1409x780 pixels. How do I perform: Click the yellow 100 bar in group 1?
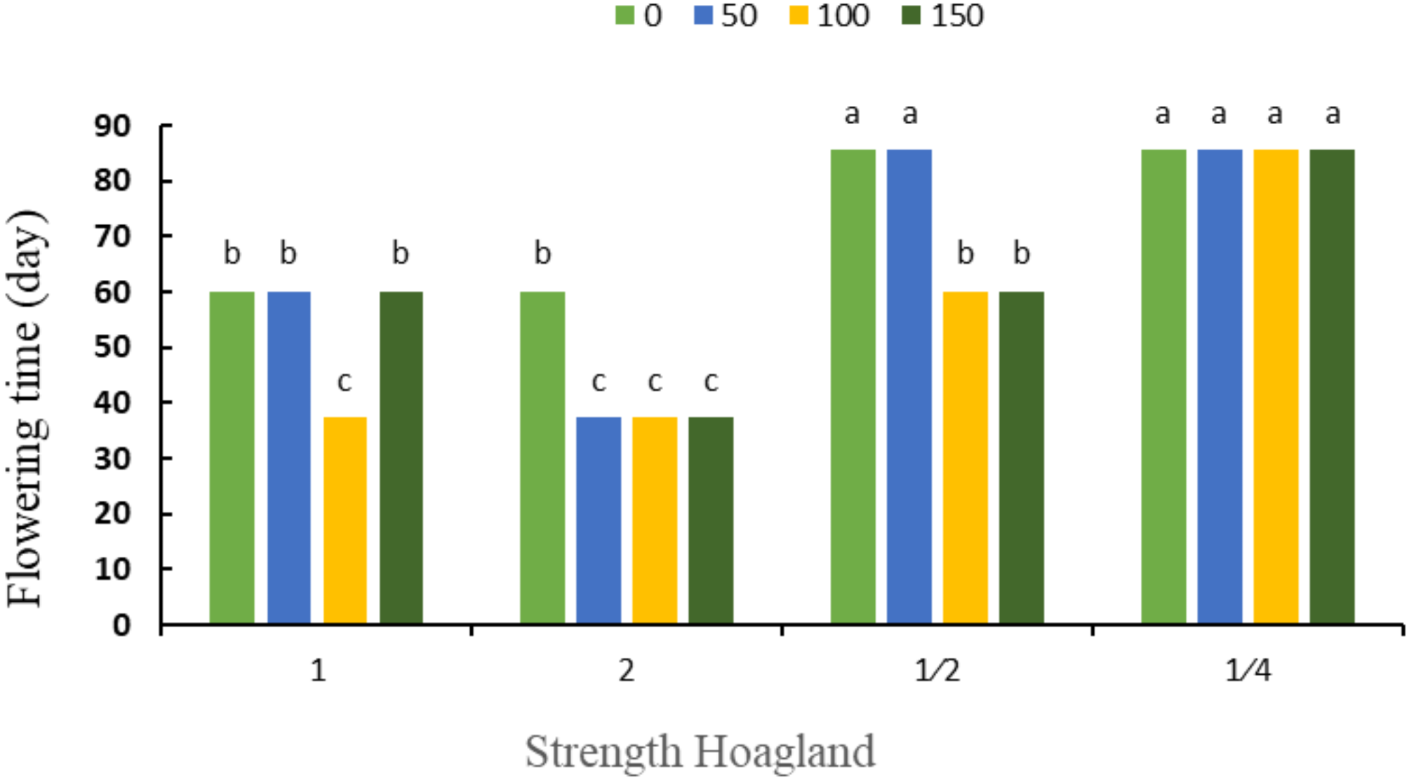pos(345,520)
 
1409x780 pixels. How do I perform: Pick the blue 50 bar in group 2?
pos(599,520)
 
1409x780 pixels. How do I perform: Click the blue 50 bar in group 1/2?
pos(909,386)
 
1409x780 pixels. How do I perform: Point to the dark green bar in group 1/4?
pos(1332,386)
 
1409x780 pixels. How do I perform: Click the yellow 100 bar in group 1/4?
pos(1276,386)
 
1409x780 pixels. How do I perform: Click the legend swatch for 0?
pos(625,15)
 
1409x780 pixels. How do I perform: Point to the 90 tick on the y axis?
pos(112,126)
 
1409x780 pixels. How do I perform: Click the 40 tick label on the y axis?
pos(112,403)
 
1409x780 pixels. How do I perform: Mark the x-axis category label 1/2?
pos(937,671)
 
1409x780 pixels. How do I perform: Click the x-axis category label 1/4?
pos(1248,671)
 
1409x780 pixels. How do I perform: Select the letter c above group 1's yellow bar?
pos(345,382)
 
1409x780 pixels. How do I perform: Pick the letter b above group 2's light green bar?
pos(542,253)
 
